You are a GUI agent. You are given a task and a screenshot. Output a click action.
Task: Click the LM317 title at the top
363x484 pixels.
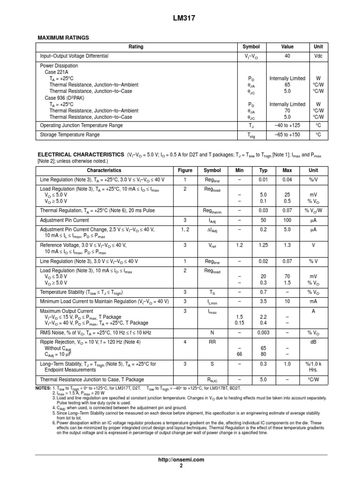[181, 18]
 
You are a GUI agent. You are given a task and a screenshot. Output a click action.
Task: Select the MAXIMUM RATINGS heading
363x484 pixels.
[63, 37]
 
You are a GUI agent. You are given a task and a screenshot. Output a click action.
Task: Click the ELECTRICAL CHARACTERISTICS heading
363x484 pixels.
[80, 155]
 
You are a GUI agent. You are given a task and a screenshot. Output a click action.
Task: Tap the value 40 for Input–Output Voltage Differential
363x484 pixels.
[287, 56]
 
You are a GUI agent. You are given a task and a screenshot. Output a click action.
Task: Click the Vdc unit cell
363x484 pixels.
[318, 56]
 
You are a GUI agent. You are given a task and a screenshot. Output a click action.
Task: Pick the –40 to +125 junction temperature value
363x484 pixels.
[287, 126]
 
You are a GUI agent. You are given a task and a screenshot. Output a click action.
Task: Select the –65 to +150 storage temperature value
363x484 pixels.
[287, 135]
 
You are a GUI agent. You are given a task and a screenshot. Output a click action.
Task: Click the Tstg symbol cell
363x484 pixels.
[251, 135]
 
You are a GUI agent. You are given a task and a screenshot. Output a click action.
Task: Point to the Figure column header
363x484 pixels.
[185, 171]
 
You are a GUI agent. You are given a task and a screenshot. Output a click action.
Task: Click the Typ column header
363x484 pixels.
[263, 171]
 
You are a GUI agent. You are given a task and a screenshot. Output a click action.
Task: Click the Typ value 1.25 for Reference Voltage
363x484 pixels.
[263, 246]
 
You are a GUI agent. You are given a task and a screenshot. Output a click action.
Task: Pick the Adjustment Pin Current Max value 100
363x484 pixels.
[287, 221]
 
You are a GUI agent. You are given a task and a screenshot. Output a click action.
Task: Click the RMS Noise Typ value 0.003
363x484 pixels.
[263, 333]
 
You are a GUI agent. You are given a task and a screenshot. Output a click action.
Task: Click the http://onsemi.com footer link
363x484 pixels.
[181, 459]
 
